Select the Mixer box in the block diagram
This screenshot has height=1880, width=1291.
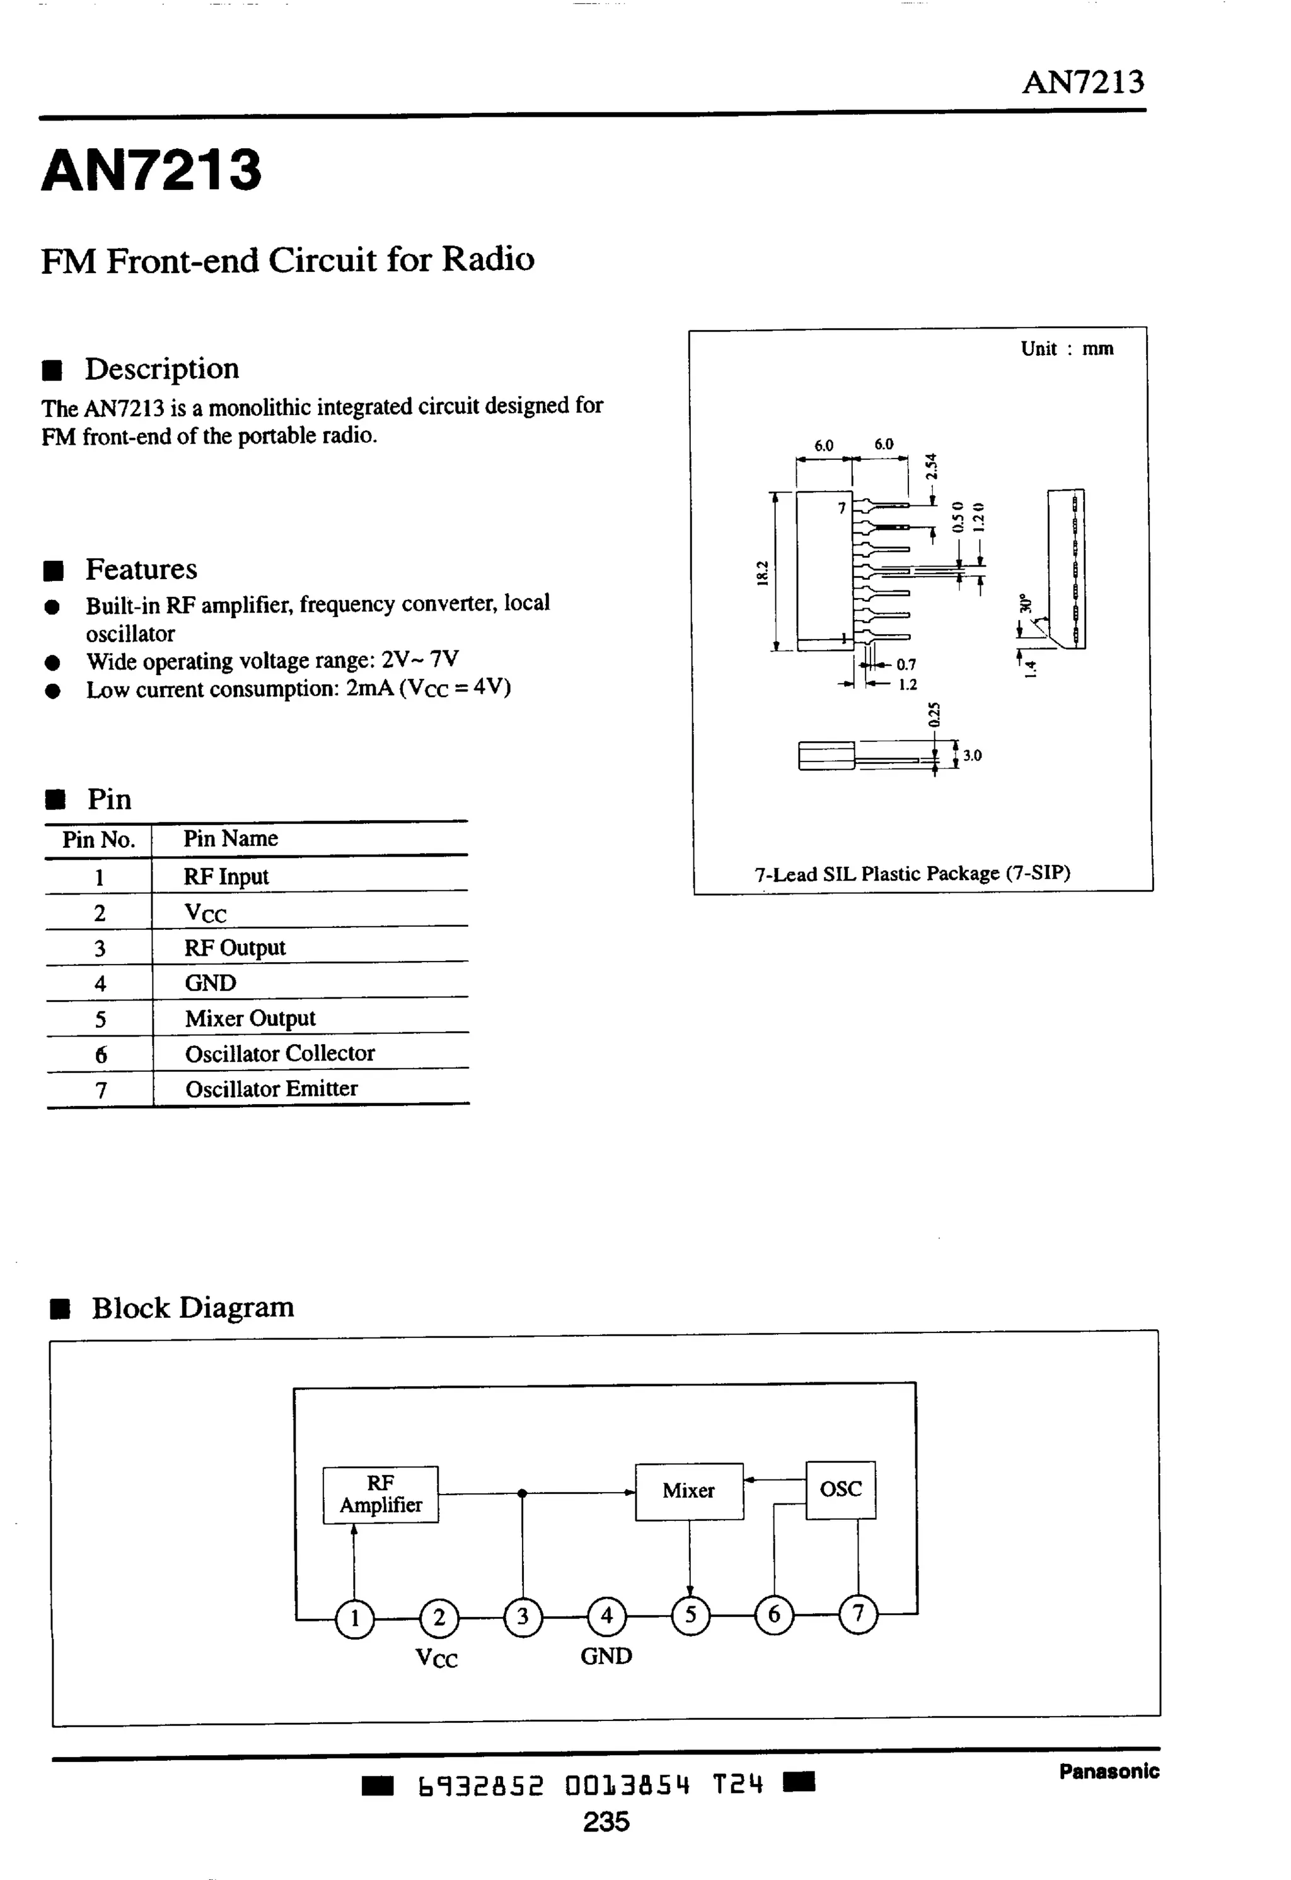point(688,1491)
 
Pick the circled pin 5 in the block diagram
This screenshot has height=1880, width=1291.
point(690,1616)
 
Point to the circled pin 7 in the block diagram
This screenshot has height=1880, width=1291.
point(858,1614)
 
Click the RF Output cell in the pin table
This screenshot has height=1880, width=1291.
point(234,948)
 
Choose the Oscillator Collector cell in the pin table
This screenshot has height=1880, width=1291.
point(280,1054)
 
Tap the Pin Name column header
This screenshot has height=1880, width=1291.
point(231,838)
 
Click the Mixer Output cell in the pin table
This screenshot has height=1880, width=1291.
point(250,1018)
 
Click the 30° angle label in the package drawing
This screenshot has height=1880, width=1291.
point(1026,603)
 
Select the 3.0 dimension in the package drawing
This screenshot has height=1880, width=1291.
point(971,755)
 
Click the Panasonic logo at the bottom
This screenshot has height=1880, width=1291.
point(1109,1771)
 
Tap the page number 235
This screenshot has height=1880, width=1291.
point(606,1823)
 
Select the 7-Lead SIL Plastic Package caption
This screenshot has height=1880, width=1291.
point(912,874)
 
